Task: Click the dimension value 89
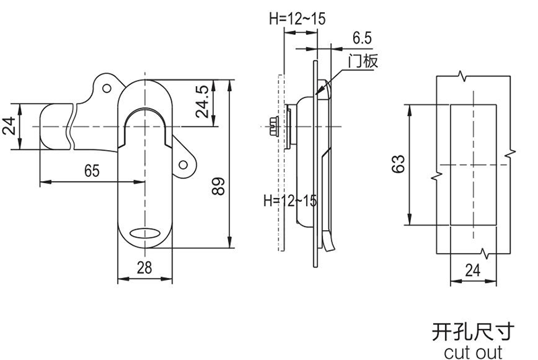point(218,185)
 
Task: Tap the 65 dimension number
point(91,171)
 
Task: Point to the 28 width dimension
point(144,268)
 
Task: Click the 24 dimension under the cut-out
point(474,271)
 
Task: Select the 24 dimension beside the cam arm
point(9,127)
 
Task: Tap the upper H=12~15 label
point(297,19)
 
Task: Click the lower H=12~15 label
point(290,200)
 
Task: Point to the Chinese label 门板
point(363,62)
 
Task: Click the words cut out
point(473,351)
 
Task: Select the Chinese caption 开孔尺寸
point(473,330)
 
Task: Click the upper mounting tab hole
point(106,87)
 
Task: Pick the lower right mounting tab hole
point(184,166)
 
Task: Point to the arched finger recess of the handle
point(145,118)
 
